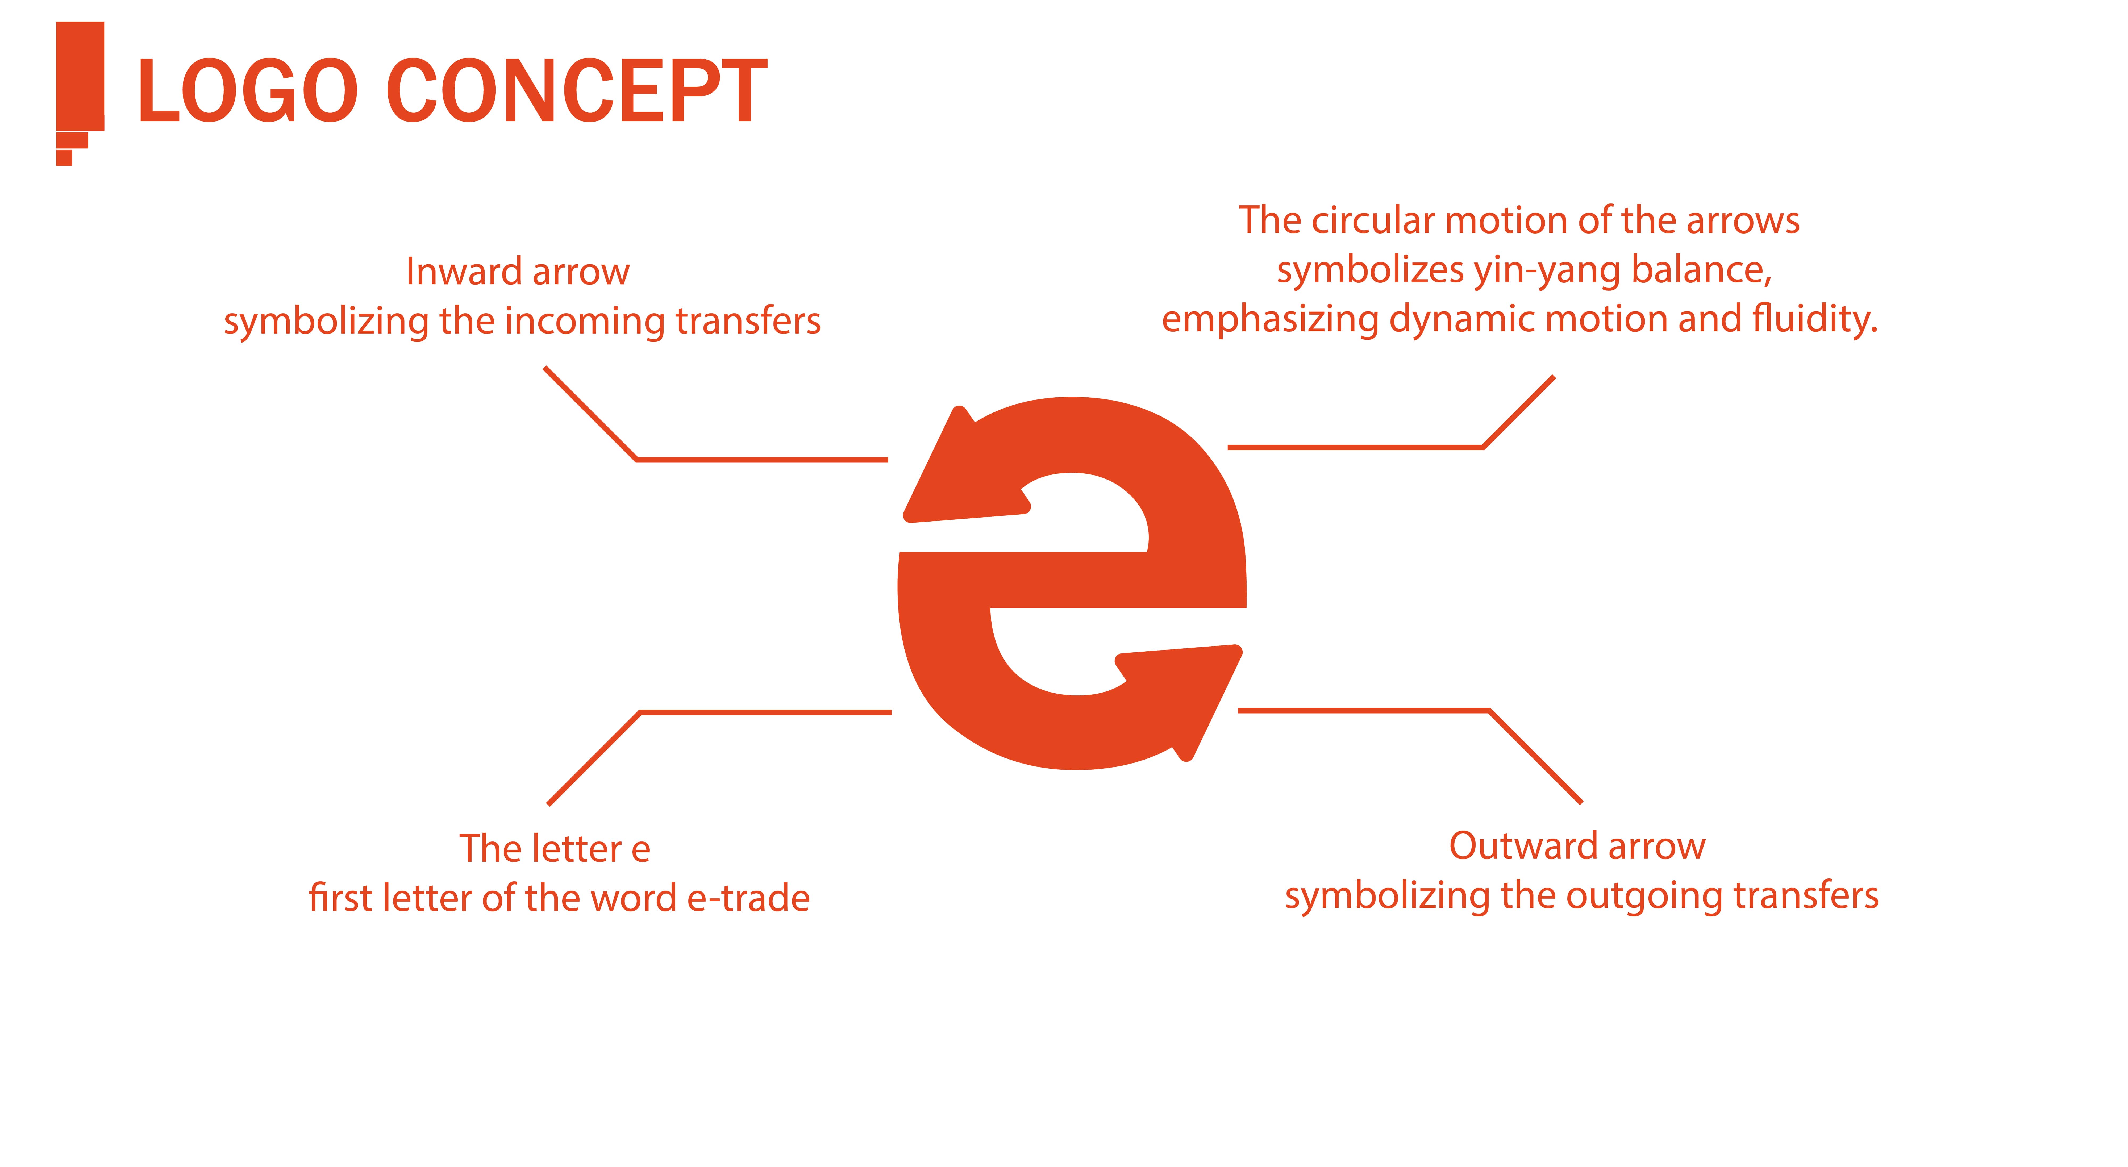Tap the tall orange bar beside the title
pos(80,76)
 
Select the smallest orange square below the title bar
pos(64,158)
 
